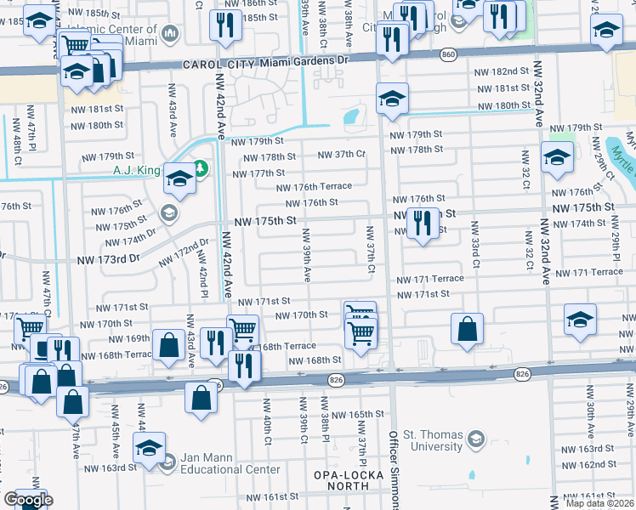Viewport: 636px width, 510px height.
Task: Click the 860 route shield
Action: point(448,55)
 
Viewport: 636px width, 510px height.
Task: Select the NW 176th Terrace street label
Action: point(314,187)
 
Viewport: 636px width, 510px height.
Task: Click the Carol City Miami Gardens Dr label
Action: point(266,63)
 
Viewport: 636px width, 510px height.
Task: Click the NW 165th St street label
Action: point(358,414)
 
